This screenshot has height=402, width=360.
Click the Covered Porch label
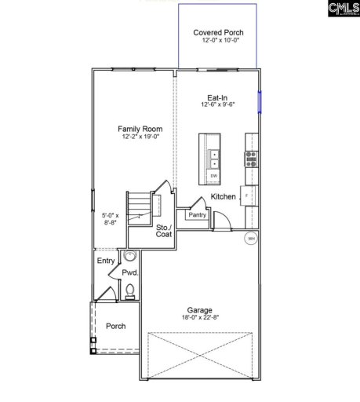tap(218, 32)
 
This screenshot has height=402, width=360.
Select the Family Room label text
tap(135, 128)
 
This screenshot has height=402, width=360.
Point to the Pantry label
tap(197, 214)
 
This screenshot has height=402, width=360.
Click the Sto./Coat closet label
tap(164, 229)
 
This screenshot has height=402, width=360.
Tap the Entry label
tap(106, 261)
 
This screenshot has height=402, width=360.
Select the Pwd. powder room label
tap(130, 272)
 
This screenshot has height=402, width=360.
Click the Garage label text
tap(198, 309)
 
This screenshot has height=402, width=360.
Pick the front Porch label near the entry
tap(116, 326)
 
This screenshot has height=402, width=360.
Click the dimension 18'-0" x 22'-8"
tap(198, 318)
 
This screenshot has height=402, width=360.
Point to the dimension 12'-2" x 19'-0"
tap(135, 137)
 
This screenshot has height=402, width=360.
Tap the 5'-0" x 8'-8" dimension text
tap(111, 218)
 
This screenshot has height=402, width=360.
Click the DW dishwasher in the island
tap(213, 175)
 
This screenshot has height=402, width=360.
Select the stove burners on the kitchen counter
tap(251, 159)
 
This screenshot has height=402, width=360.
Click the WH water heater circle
tap(251, 238)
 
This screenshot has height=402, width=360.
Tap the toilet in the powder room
tap(129, 292)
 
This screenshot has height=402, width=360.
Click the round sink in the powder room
tap(130, 256)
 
